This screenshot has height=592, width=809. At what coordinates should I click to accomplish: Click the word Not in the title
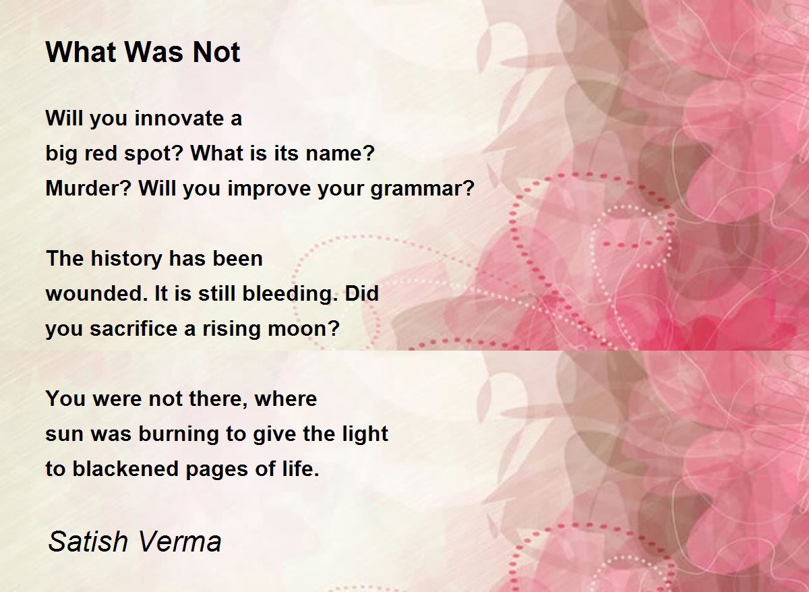216,53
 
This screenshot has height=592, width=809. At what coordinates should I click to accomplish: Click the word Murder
88,188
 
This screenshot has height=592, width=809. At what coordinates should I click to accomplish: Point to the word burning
179,434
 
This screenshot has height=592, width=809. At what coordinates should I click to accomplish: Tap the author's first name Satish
88,541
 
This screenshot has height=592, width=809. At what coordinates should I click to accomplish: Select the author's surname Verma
179,541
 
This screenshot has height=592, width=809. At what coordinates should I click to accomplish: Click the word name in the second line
340,154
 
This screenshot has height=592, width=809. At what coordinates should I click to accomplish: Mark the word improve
269,189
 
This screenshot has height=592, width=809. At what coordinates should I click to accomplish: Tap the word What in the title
82,53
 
